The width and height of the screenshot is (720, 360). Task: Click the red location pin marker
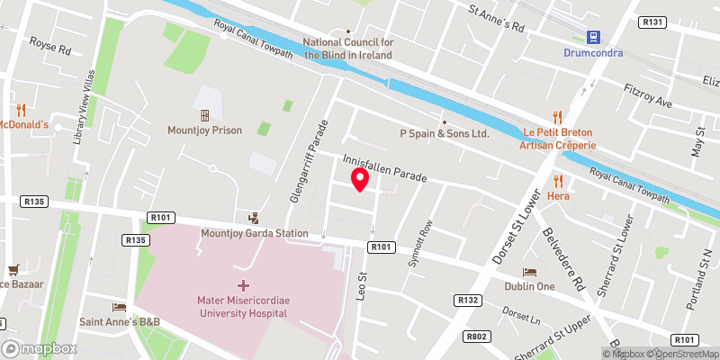click(360, 179)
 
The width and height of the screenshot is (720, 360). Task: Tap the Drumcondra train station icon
click(593, 37)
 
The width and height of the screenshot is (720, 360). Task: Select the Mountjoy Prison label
click(204, 130)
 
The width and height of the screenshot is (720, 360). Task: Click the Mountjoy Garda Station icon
click(254, 217)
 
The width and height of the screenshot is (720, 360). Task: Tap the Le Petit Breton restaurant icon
click(558, 116)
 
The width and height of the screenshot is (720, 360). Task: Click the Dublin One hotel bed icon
click(530, 271)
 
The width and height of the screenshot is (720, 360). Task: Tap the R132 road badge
click(467, 299)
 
